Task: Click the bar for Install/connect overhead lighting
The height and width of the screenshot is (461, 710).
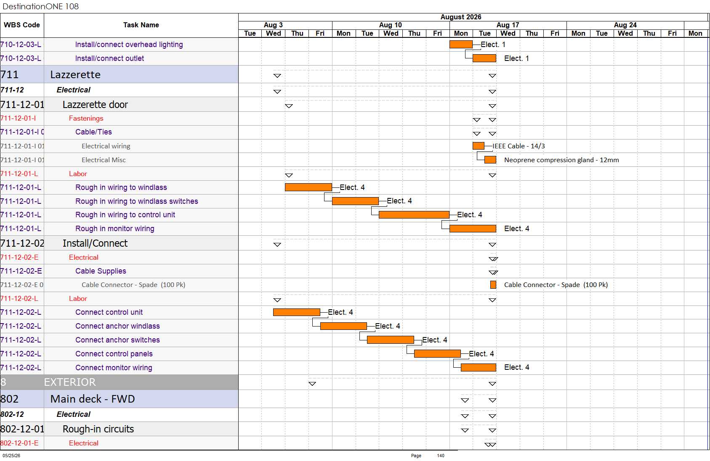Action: click(461, 44)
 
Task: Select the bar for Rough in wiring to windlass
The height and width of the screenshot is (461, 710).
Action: click(308, 187)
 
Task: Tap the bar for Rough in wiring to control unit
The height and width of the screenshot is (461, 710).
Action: click(414, 215)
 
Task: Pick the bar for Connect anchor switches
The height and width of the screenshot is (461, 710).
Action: click(391, 340)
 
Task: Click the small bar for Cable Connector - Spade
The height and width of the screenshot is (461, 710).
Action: click(493, 285)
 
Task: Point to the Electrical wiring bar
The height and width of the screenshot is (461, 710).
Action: click(478, 146)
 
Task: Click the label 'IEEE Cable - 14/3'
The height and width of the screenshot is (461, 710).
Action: click(519, 146)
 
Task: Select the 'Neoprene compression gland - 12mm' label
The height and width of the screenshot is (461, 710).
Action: click(561, 160)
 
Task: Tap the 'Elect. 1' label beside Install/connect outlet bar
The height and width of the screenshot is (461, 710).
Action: click(516, 58)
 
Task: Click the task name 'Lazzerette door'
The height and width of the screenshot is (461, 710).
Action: click(95, 105)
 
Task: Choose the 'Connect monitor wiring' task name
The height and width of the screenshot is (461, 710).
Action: click(114, 368)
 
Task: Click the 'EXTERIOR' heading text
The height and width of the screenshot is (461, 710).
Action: click(70, 382)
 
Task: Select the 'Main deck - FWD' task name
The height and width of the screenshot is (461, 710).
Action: click(93, 399)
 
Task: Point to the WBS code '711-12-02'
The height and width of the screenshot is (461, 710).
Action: click(22, 243)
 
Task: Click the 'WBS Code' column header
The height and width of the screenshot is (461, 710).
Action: click(22, 25)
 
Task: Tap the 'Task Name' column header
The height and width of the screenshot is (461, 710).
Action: click(141, 25)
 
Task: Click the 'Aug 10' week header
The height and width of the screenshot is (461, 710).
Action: click(391, 25)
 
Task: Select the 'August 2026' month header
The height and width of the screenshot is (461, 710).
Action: click(461, 17)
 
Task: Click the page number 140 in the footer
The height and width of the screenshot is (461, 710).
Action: click(441, 456)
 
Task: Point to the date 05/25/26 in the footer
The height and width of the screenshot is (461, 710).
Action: click(11, 456)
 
